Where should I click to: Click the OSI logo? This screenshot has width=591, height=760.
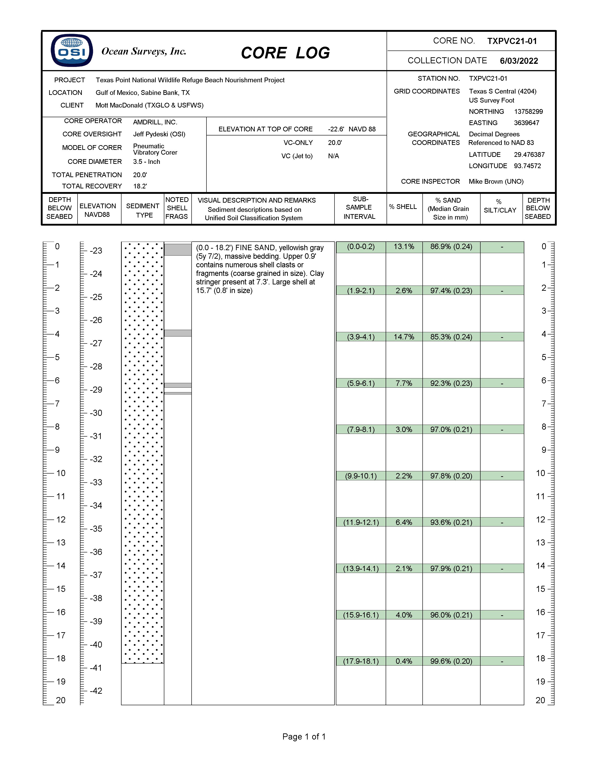pos(72,50)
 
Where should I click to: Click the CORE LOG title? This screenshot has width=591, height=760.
pos(285,53)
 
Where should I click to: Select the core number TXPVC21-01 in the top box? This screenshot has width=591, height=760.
pos(512,41)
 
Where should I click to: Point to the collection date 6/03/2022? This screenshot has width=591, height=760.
pos(519,61)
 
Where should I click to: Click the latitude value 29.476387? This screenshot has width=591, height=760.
pos(529,155)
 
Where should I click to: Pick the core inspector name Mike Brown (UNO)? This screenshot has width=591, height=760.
pos(496,181)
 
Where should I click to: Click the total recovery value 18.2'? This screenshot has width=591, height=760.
pos(140,186)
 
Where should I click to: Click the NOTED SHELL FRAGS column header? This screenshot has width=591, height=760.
pos(177,208)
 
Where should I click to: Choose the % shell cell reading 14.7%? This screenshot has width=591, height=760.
pos(404,337)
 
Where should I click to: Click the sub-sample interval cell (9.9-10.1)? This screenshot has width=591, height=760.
pos(361,476)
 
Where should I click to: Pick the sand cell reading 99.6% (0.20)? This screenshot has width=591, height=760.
pos(451,661)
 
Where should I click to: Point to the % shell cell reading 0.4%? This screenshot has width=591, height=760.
pos(404,661)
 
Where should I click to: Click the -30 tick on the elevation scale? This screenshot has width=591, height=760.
pos(96,413)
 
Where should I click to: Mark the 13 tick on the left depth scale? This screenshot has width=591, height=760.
pos(61,543)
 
